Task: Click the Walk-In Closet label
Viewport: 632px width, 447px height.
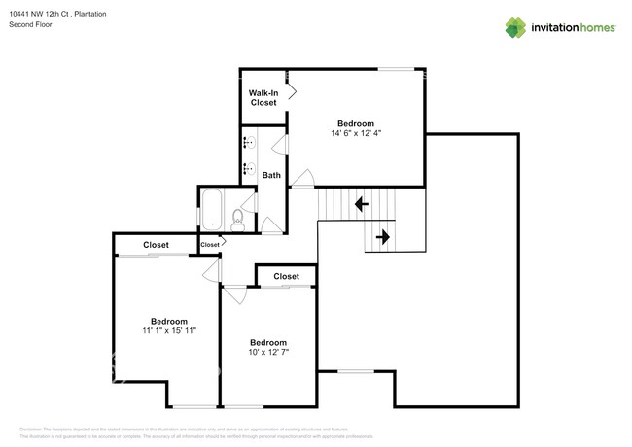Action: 263,97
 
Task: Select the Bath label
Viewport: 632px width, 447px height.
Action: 271,175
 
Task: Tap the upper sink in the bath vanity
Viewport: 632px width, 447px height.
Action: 248,142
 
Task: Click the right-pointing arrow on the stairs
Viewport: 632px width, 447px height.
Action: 382,235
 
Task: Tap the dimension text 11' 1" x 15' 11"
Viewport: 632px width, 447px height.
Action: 169,331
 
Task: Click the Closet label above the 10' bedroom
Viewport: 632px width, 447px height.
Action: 286,277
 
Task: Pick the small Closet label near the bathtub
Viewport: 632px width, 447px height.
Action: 210,245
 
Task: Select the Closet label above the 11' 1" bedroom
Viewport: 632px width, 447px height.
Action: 156,245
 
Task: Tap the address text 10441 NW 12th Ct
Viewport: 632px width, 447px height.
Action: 44,14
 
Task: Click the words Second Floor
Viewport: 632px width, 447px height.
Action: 30,23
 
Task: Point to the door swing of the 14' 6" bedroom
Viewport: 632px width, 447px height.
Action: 304,178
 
